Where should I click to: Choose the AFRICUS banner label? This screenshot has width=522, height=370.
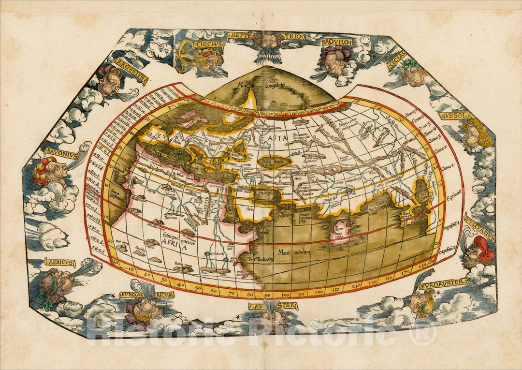pos(60,262)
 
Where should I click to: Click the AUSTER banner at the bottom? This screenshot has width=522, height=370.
pos(273,306)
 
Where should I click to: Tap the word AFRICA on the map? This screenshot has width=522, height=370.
pos(174,247)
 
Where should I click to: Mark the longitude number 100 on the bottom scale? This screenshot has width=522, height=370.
pos(285,294)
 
